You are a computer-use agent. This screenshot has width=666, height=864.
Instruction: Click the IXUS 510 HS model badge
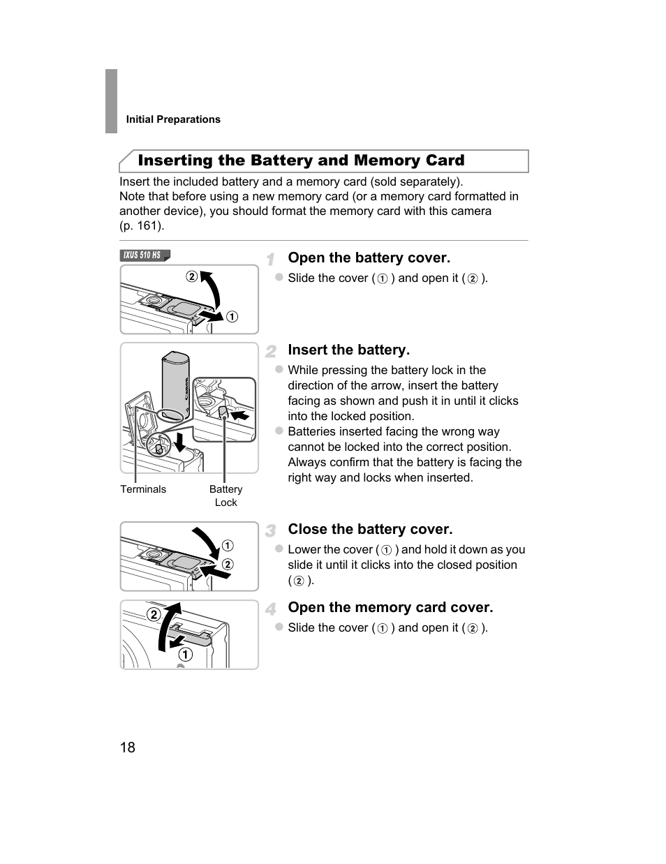click(x=145, y=255)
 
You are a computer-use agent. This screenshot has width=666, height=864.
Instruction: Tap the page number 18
click(x=128, y=747)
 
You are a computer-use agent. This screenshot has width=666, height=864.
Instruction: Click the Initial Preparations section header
click(x=173, y=119)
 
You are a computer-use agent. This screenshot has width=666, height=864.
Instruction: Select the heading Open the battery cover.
click(x=369, y=258)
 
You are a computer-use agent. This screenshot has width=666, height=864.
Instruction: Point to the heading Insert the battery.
click(x=348, y=350)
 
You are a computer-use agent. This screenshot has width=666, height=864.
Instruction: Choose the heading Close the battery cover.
click(x=370, y=529)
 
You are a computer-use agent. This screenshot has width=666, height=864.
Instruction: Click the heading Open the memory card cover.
click(x=390, y=607)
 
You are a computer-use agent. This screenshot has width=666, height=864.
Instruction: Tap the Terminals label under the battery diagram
click(x=143, y=489)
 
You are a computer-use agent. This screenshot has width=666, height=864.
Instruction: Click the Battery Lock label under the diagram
click(x=225, y=496)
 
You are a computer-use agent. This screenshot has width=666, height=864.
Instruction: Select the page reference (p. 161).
click(x=142, y=225)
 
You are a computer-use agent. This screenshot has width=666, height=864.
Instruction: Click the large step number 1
click(x=271, y=259)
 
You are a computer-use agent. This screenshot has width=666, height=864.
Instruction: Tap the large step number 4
click(x=271, y=609)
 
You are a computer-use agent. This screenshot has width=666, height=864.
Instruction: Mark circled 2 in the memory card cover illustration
click(x=153, y=615)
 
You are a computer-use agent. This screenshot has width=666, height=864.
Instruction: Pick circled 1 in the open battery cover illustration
click(x=232, y=317)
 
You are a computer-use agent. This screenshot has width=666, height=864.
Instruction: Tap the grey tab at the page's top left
click(x=111, y=100)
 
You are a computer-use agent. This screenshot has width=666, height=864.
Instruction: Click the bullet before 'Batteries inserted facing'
click(x=279, y=431)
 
